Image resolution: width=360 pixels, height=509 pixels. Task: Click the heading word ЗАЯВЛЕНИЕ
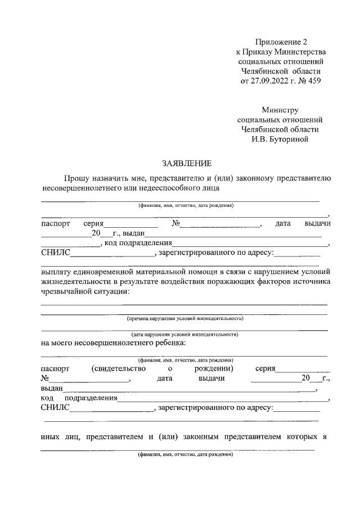tap(187, 164)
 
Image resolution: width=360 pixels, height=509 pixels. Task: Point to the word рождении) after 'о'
tap(215, 368)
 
